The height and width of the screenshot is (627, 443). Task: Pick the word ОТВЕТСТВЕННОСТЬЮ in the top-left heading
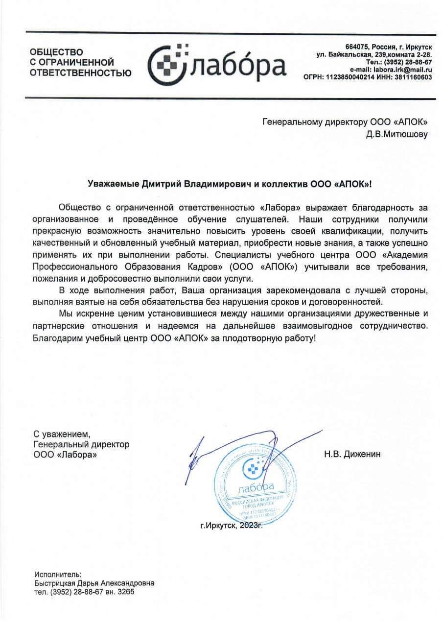(x=80, y=73)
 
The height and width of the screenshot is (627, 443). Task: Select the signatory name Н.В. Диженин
(x=352, y=454)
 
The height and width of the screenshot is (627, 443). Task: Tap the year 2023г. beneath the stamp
(x=252, y=526)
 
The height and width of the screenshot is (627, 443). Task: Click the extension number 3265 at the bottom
(x=125, y=592)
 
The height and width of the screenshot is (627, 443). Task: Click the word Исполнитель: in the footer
(x=58, y=574)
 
